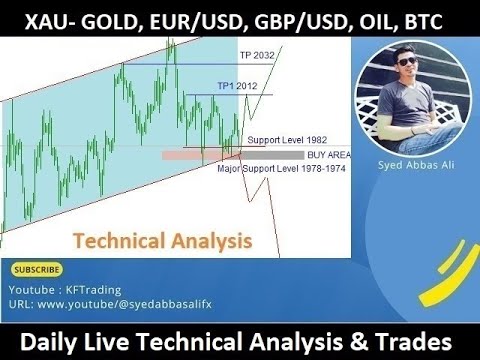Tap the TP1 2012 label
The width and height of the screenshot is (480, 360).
coord(236,86)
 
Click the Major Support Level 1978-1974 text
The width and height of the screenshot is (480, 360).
coord(274,168)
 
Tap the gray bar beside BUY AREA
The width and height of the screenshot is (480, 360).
coord(275,156)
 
